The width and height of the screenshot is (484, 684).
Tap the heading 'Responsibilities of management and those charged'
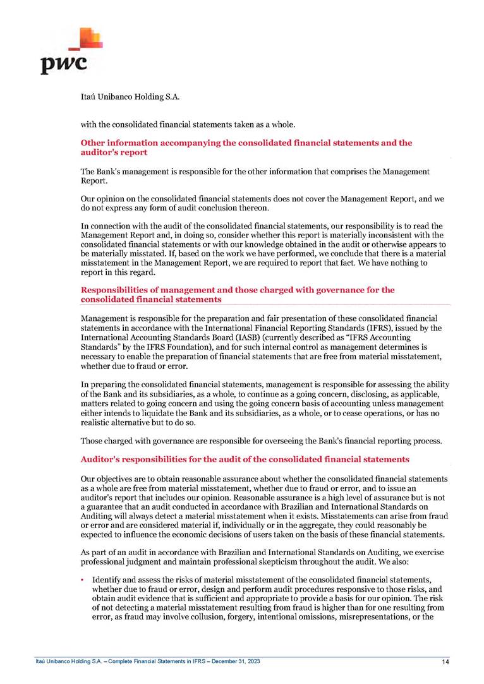point(238,294)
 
